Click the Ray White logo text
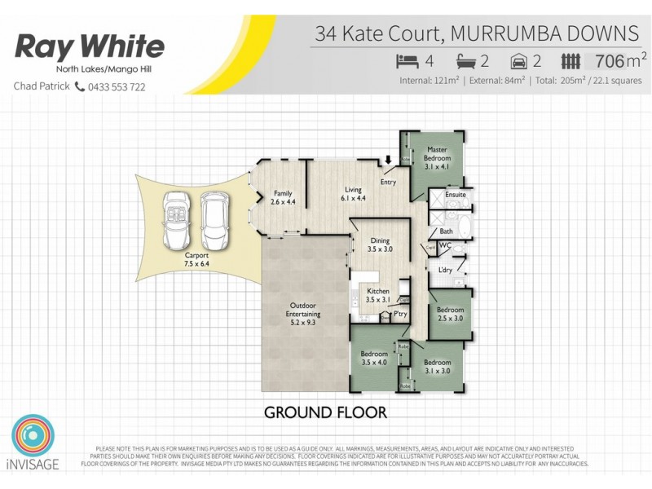[90, 46]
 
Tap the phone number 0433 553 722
[116, 86]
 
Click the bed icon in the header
[407, 60]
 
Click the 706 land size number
[610, 60]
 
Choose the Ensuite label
[456, 195]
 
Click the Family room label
[282, 196]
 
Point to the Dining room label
[380, 245]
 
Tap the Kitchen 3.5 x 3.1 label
[378, 295]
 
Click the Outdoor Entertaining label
[302, 319]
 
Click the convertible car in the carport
[178, 220]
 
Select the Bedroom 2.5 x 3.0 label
[450, 314]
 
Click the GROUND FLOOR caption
[325, 412]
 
